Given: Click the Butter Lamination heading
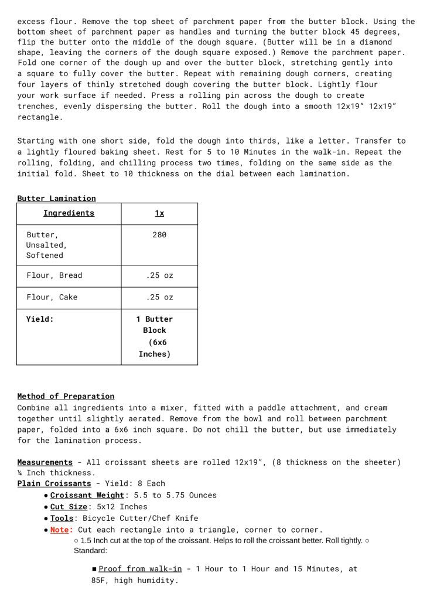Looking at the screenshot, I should [x=56, y=199].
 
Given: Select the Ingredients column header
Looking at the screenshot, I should [x=69, y=213].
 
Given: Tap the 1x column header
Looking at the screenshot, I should [x=159, y=213].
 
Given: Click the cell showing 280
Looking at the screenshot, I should [x=159, y=234].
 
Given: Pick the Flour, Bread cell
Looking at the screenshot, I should [x=54, y=275].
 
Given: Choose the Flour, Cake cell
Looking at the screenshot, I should [x=52, y=297].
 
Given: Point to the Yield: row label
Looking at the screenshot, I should [x=40, y=319].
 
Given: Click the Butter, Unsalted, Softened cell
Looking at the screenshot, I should [x=46, y=245].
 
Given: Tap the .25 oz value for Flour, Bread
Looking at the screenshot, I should [x=159, y=275].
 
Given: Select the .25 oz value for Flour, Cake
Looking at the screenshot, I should [x=159, y=297].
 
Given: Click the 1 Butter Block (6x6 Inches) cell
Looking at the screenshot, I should [x=155, y=336].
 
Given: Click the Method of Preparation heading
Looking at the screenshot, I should [x=66, y=397].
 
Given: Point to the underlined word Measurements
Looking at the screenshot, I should [x=45, y=462].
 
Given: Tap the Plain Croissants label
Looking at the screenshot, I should [x=54, y=483].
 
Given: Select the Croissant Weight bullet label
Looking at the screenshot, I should [x=87, y=495].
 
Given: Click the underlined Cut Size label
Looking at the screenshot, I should [x=69, y=507].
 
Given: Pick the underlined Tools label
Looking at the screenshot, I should [x=62, y=518].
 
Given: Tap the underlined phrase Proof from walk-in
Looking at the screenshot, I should [x=140, y=569].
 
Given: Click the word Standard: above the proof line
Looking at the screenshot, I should [x=90, y=551].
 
